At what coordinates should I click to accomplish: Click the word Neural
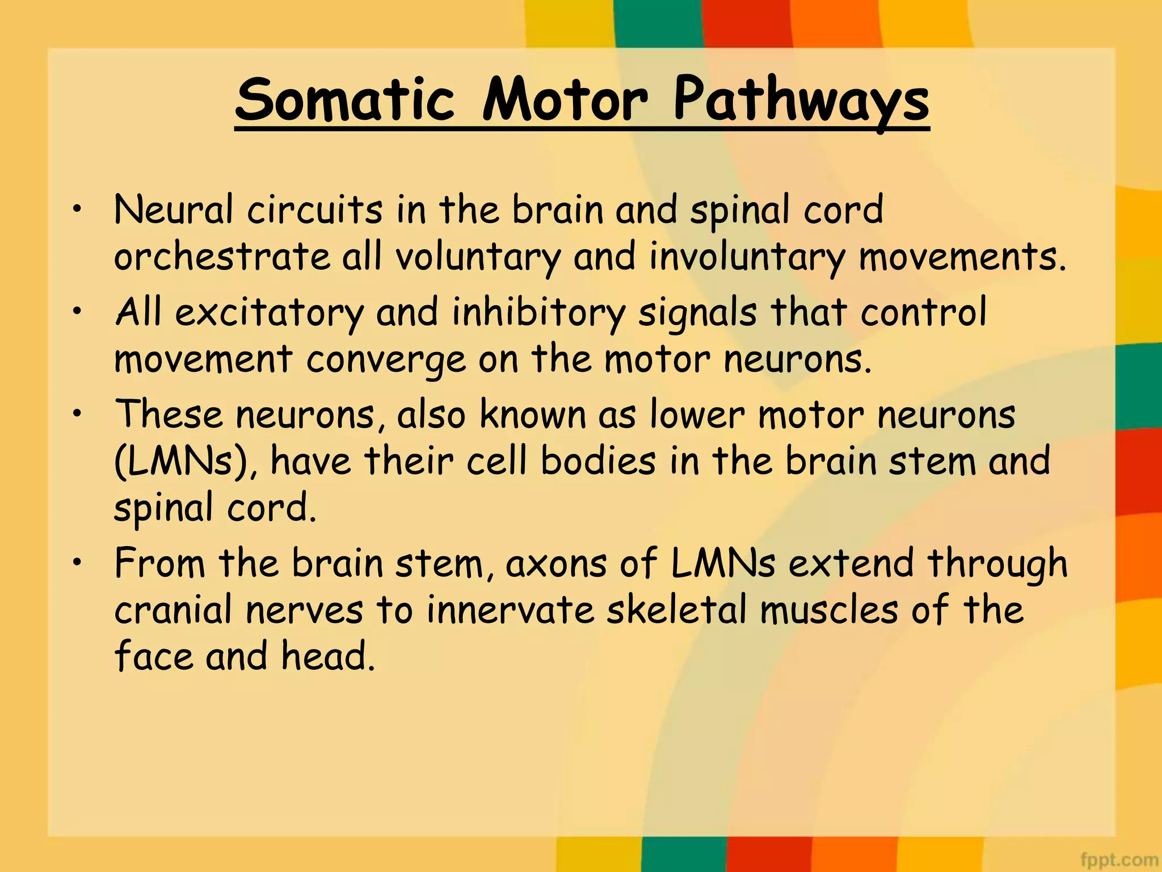pyautogui.click(x=173, y=210)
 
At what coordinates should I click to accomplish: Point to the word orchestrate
pyautogui.click(x=222, y=257)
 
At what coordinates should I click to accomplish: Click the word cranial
pyautogui.click(x=173, y=611)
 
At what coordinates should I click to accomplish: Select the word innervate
pyautogui.click(x=510, y=611)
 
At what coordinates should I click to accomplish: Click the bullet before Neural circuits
pyautogui.click(x=77, y=209)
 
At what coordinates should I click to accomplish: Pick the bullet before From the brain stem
pyautogui.click(x=77, y=563)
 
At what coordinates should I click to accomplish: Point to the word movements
pyautogui.click(x=962, y=257)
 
